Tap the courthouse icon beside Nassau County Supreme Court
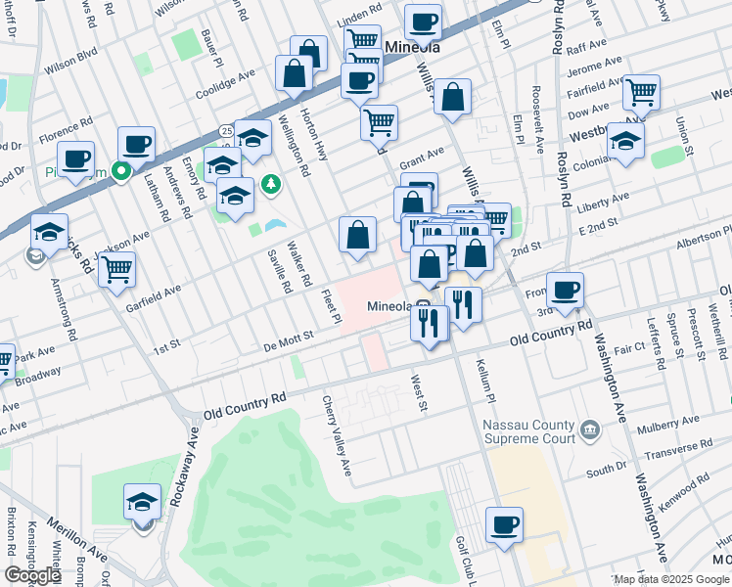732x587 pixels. click(x=590, y=429)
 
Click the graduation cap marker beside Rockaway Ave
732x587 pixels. click(x=143, y=503)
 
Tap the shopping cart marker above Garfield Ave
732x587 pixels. click(x=116, y=268)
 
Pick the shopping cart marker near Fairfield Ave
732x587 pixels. click(x=641, y=92)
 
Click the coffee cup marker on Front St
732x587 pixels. click(x=565, y=291)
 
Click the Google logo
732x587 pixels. click(x=32, y=575)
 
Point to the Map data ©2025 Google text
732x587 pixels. click(x=671, y=579)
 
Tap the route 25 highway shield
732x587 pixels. click(x=226, y=129)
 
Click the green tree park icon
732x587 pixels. click(x=271, y=184)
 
